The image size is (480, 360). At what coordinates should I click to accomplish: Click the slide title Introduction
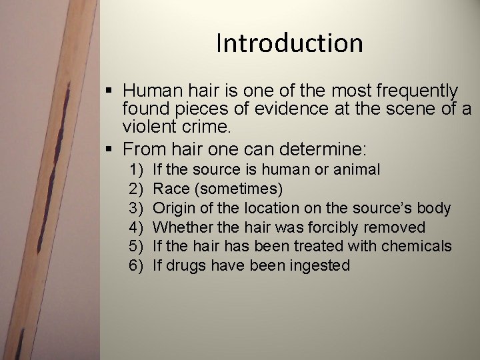pos(289,43)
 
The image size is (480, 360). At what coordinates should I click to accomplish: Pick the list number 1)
pos(137,169)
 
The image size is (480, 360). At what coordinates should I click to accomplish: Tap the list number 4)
pos(137,227)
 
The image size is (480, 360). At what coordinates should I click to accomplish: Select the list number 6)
pos(137,265)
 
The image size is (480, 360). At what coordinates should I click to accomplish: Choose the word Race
pos(170,189)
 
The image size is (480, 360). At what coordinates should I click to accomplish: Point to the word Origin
pos(175,208)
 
